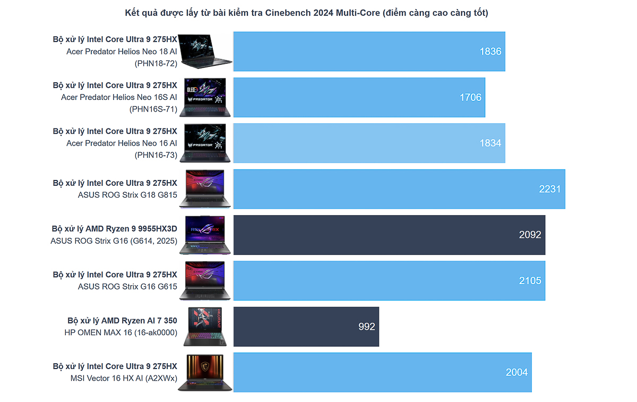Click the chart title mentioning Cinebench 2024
306,13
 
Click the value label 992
367,327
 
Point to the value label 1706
471,97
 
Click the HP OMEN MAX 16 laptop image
205,327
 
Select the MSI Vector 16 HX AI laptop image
205,373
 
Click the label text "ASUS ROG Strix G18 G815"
127,194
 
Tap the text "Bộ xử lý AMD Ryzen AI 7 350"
122,321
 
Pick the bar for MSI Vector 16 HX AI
382,372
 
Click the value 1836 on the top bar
490,52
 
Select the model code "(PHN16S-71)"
153,109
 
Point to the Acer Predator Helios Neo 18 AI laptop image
206,52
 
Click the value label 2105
530,280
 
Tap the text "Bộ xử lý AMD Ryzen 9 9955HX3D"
114,229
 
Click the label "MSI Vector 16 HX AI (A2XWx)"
124,378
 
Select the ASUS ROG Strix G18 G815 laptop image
205,189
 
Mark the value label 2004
517,372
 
